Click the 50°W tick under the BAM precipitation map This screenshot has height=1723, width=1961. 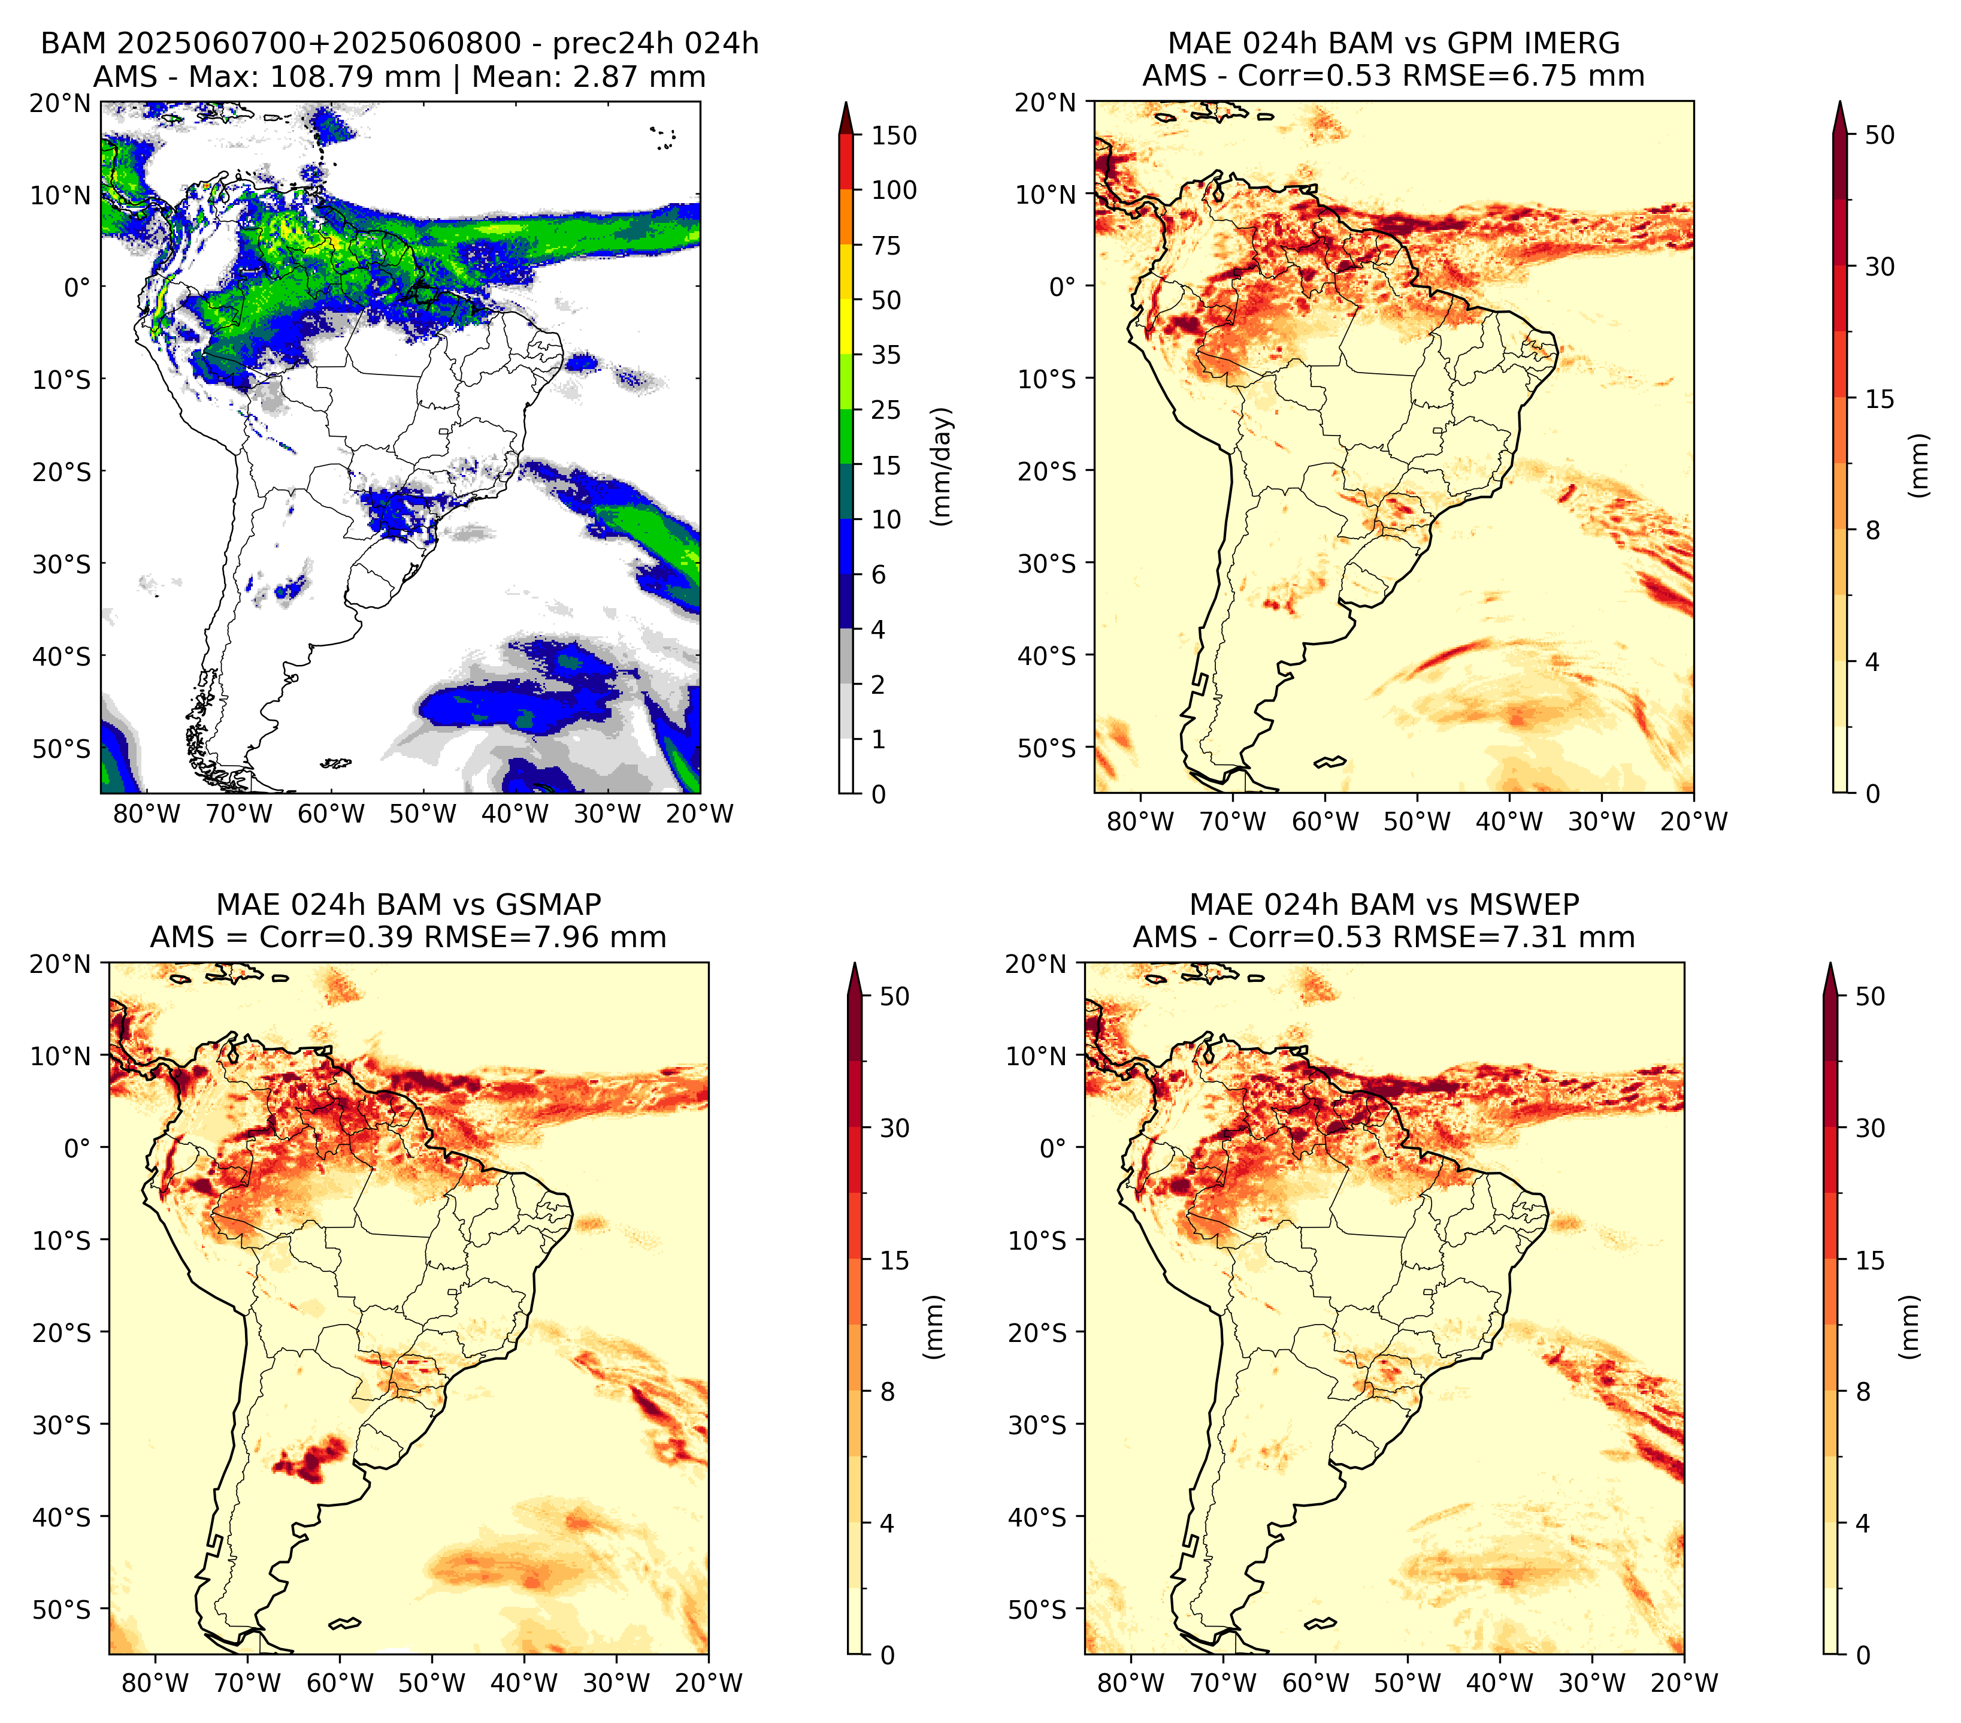(x=423, y=814)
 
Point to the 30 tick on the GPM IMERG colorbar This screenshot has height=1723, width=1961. (x=1880, y=267)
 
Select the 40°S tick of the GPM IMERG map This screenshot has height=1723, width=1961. (x=1047, y=656)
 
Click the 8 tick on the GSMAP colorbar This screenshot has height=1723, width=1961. (x=888, y=1392)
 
